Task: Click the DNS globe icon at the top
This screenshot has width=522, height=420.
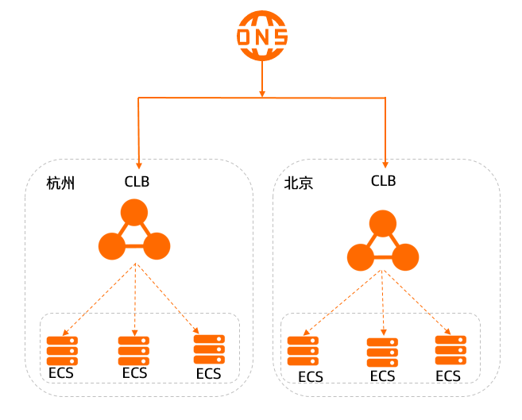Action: coord(262,37)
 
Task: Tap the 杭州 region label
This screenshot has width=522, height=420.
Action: coord(60,184)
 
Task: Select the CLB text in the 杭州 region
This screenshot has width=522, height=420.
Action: coord(137,181)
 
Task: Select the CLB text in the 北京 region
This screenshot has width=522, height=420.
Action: coord(383,181)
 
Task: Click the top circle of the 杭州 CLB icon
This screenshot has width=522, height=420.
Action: coord(134,213)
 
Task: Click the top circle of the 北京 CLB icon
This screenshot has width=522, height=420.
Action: coord(383,223)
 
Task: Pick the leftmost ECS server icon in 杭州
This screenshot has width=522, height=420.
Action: coord(62,350)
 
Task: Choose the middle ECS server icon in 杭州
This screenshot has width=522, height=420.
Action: coord(133,350)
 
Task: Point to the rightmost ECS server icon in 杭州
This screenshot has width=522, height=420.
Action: coord(209,349)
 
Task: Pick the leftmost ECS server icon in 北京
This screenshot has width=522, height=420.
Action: coord(303,351)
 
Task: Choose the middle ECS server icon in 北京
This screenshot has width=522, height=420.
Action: coord(382,352)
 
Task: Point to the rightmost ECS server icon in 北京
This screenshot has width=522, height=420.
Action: coord(450,350)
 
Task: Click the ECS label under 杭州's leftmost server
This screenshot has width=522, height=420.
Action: coord(62,373)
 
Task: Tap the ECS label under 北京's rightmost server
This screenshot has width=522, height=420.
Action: coord(448,376)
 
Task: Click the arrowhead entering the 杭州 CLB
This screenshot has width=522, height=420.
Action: coord(139,163)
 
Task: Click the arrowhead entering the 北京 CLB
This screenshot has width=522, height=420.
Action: coord(385,163)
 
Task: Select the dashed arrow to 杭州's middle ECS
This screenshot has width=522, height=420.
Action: coord(135,298)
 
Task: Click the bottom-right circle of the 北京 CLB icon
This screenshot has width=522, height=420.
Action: coord(405,256)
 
